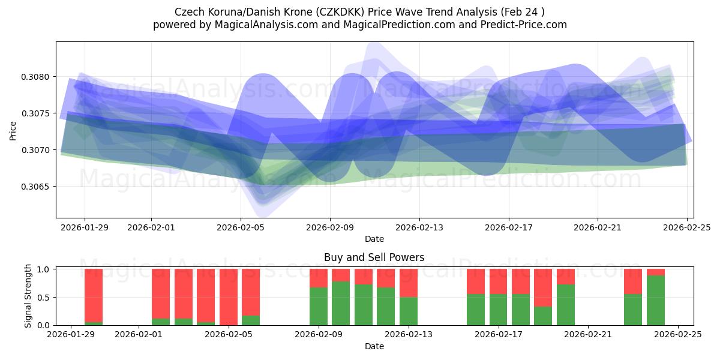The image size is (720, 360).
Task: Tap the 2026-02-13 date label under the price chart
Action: click(419, 227)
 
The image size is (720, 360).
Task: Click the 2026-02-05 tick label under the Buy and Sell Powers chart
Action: click(228, 335)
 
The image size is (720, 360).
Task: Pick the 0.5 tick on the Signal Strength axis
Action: click(46, 298)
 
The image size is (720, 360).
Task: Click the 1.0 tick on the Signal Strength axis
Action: click(46, 269)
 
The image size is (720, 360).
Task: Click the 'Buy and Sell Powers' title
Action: click(374, 257)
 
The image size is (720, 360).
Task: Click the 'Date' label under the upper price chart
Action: click(374, 239)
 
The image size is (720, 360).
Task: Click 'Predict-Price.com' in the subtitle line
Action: click(526, 25)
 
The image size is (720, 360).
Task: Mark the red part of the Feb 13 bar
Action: click(409, 283)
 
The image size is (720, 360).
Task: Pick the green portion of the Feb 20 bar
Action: click(566, 305)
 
